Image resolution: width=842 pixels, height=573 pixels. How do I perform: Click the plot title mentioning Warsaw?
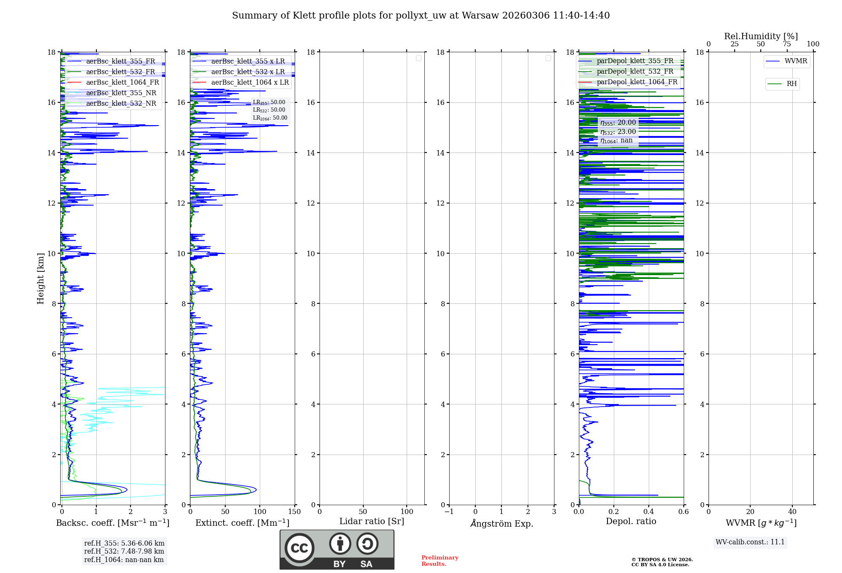click(x=421, y=16)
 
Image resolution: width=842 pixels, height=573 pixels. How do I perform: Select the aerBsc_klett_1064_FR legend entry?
click(x=122, y=83)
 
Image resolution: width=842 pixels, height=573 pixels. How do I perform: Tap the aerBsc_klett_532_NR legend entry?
click(x=121, y=104)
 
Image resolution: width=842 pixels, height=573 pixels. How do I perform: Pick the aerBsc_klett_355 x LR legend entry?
click(x=248, y=62)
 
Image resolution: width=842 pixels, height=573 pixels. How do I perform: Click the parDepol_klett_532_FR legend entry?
click(x=635, y=72)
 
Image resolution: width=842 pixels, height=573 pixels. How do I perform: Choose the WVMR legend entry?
click(x=796, y=61)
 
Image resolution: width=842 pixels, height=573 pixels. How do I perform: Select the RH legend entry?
click(x=791, y=84)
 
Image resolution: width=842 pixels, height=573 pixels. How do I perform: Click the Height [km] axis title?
click(x=40, y=278)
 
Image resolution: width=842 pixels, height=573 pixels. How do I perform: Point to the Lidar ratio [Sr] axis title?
click(x=372, y=522)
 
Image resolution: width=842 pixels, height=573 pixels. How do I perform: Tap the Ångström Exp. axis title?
click(x=502, y=524)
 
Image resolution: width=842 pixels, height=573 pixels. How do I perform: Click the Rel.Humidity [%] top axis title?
click(x=761, y=36)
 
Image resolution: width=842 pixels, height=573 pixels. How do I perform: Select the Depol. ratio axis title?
click(x=631, y=522)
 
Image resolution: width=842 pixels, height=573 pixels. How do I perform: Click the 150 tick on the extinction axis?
click(x=295, y=512)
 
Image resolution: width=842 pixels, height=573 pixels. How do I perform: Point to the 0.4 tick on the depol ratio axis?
click(x=649, y=512)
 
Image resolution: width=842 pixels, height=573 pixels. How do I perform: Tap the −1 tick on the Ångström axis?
click(x=449, y=512)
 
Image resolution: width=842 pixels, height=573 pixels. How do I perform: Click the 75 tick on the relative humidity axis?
click(x=786, y=44)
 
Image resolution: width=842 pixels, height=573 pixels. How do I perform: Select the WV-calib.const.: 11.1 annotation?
click(x=750, y=542)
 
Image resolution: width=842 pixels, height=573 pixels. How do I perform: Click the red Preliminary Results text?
click(x=440, y=561)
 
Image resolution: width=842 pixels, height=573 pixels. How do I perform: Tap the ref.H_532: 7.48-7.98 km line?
click(x=124, y=552)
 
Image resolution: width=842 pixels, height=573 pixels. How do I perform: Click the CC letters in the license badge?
click(x=299, y=548)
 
